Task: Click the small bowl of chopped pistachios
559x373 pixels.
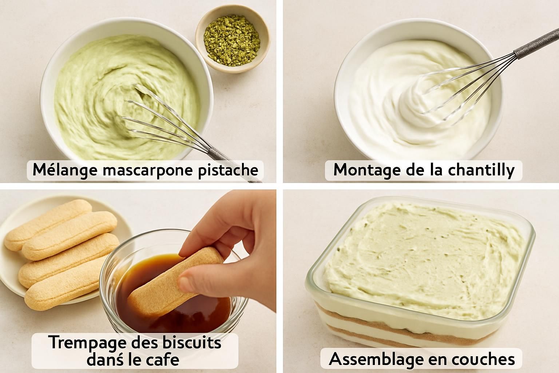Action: click(x=233, y=39)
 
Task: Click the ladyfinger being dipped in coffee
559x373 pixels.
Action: click(x=175, y=280)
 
